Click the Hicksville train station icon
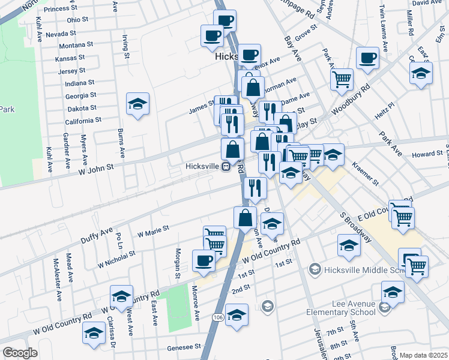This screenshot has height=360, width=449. point(226,167)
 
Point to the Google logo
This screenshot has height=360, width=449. point(20,353)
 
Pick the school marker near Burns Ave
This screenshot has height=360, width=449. point(137,104)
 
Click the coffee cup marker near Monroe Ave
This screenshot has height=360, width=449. point(203,260)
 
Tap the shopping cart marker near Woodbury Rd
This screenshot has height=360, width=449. point(342,78)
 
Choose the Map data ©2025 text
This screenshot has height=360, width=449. point(424,355)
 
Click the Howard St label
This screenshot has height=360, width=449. point(427,154)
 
